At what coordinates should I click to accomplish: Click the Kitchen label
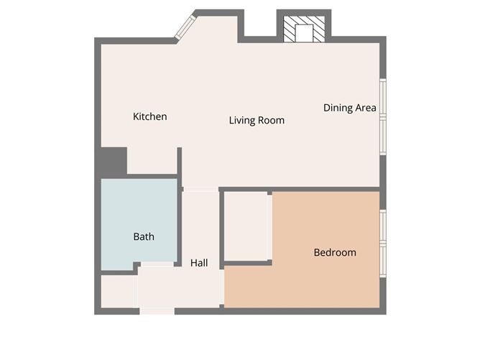tap(150, 116)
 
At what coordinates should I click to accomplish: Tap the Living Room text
tap(257, 120)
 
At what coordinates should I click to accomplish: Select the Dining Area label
tap(349, 108)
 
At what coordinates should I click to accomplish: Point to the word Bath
tap(144, 236)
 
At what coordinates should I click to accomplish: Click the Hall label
tap(199, 263)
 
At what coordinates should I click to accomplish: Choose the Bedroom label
tap(335, 252)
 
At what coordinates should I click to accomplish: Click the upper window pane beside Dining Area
tap(383, 96)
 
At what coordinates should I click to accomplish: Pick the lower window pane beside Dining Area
tap(383, 136)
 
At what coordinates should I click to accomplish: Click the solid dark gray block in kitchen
tap(114, 161)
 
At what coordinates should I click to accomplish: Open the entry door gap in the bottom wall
tap(157, 311)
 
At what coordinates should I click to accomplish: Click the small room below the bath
tap(118, 291)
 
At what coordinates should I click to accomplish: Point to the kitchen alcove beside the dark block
tap(152, 161)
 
